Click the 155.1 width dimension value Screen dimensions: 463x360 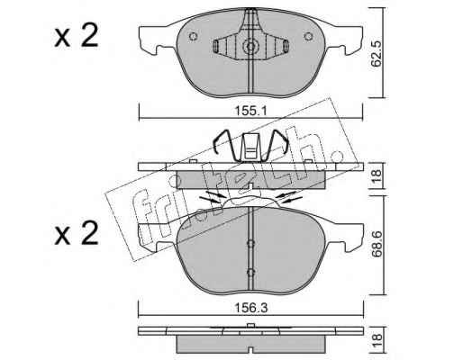coord(250,112)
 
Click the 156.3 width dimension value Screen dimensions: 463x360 coord(250,308)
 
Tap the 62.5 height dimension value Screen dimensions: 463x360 coord(377,53)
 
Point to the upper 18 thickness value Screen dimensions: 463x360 coord(377,176)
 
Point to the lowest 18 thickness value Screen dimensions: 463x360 coord(377,341)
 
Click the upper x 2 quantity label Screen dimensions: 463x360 coord(77,37)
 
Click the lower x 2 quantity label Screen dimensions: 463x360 coord(77,233)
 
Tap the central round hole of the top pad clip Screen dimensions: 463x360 coord(250,47)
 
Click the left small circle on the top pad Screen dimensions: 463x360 coord(193,37)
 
